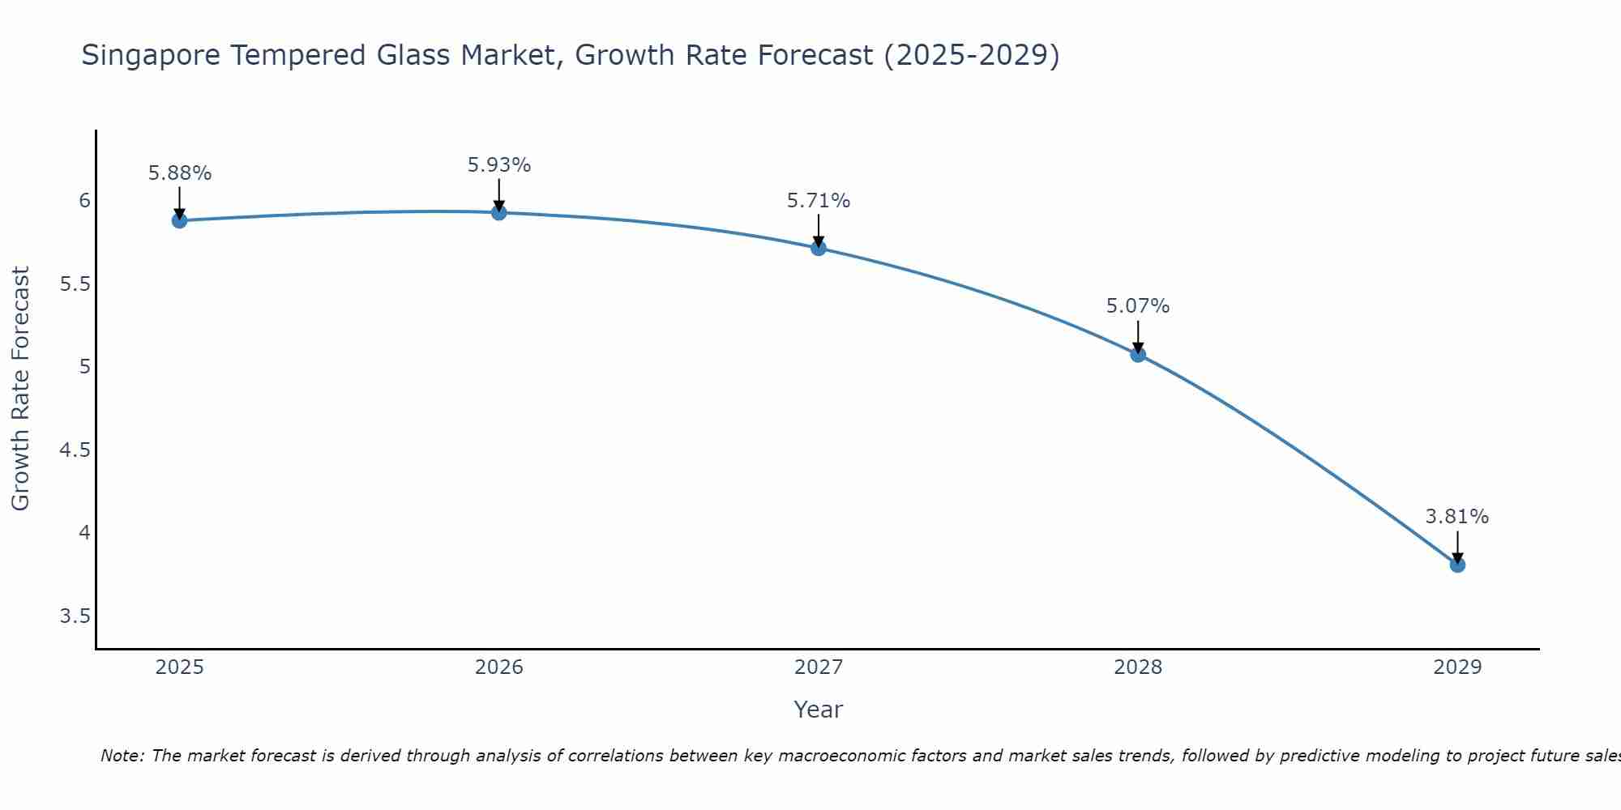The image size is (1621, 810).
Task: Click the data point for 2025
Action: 180,220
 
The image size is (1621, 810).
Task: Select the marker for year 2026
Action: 499,212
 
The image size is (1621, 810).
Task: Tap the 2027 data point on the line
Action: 819,248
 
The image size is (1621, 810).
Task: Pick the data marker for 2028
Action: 1138,354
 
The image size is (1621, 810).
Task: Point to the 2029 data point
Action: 1457,565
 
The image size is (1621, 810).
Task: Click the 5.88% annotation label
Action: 180,173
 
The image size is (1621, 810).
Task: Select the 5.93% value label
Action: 499,165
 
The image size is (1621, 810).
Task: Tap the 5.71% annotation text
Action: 819,201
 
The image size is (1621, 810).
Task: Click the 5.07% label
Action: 1138,306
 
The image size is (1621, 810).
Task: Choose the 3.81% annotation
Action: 1457,517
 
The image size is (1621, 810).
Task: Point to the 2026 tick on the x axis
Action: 499,667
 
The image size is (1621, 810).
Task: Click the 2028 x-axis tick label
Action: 1138,667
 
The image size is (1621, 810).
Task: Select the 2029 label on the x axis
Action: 1457,667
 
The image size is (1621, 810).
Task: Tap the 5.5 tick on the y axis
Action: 75,284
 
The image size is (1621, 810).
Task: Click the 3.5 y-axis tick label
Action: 75,617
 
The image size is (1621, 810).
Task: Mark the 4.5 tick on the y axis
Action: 75,450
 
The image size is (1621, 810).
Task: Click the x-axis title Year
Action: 819,710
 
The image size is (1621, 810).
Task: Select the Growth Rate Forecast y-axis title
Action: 21,389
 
